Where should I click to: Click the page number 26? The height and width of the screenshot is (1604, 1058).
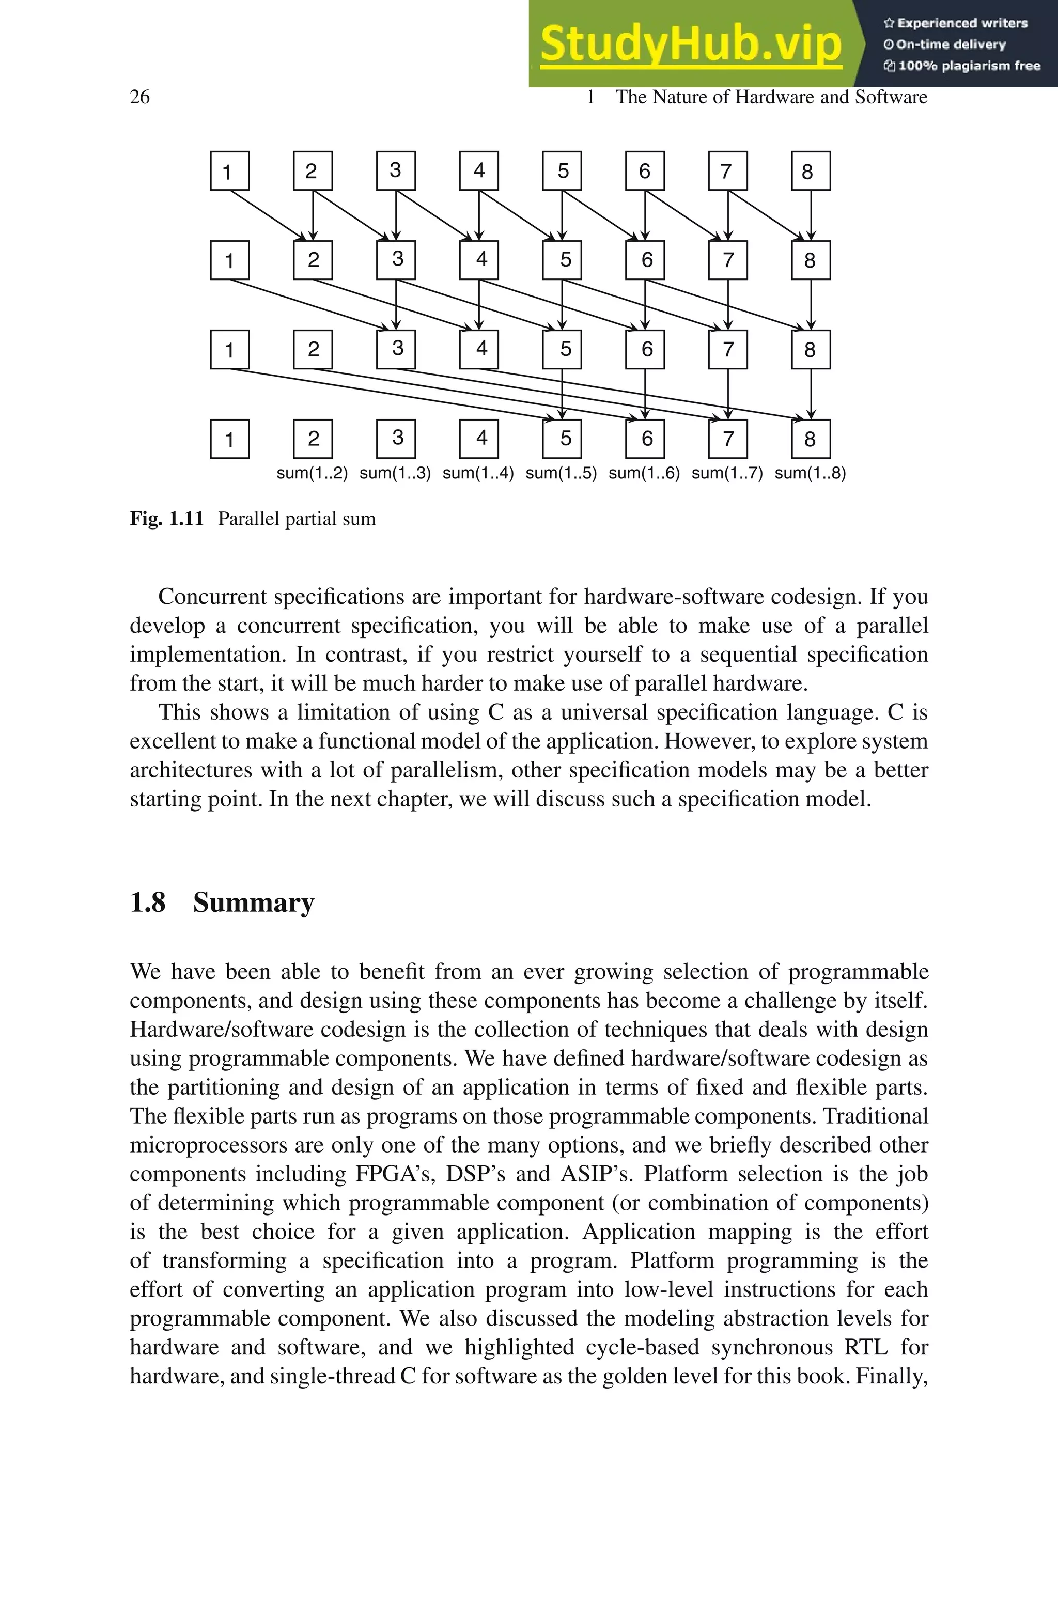139,97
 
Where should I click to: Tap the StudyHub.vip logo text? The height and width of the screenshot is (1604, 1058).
690,43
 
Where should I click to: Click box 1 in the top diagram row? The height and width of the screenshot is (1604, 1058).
229,172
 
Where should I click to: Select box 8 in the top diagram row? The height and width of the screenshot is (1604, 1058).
811,172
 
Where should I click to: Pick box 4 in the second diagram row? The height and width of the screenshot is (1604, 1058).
479,260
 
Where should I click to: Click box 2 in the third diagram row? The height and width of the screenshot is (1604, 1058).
313,349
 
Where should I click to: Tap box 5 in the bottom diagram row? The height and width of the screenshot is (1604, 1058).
562,439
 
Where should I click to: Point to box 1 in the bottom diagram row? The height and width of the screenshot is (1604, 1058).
229,439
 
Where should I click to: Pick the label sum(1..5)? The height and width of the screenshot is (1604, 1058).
561,473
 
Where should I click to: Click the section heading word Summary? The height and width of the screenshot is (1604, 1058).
253,902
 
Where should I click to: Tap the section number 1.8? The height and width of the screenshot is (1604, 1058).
148,902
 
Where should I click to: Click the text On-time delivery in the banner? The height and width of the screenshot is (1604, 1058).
950,44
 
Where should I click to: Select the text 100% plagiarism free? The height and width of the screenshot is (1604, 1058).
968,66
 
